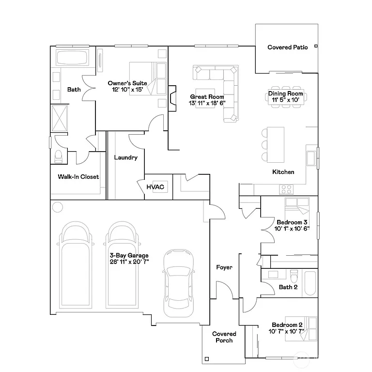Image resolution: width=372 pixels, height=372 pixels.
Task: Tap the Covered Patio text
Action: point(287,47)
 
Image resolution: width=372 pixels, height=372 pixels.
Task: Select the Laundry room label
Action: point(125,157)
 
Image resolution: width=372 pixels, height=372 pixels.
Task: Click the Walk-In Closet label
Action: point(78,177)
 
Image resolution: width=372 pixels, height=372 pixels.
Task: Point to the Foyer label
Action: point(224,267)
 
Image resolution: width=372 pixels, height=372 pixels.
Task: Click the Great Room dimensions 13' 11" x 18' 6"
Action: point(207,103)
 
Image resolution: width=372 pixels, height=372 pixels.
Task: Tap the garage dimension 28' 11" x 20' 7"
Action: point(129,262)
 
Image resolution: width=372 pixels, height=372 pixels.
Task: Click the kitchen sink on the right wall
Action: point(311,159)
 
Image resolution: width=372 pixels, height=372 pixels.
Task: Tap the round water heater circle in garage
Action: point(57,208)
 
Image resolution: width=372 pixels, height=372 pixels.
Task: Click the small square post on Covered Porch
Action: point(207,359)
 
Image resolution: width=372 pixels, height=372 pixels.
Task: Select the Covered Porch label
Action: point(224,337)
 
